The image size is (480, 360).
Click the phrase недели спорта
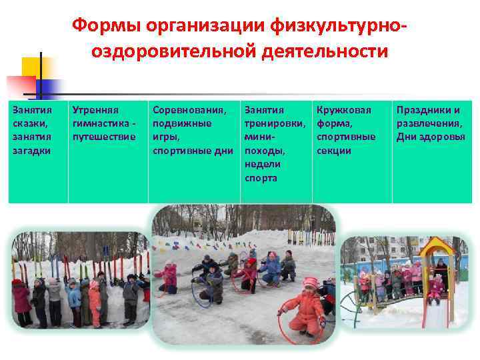point(263,171)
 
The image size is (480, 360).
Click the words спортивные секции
point(346,143)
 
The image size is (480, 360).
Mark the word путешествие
point(103,137)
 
